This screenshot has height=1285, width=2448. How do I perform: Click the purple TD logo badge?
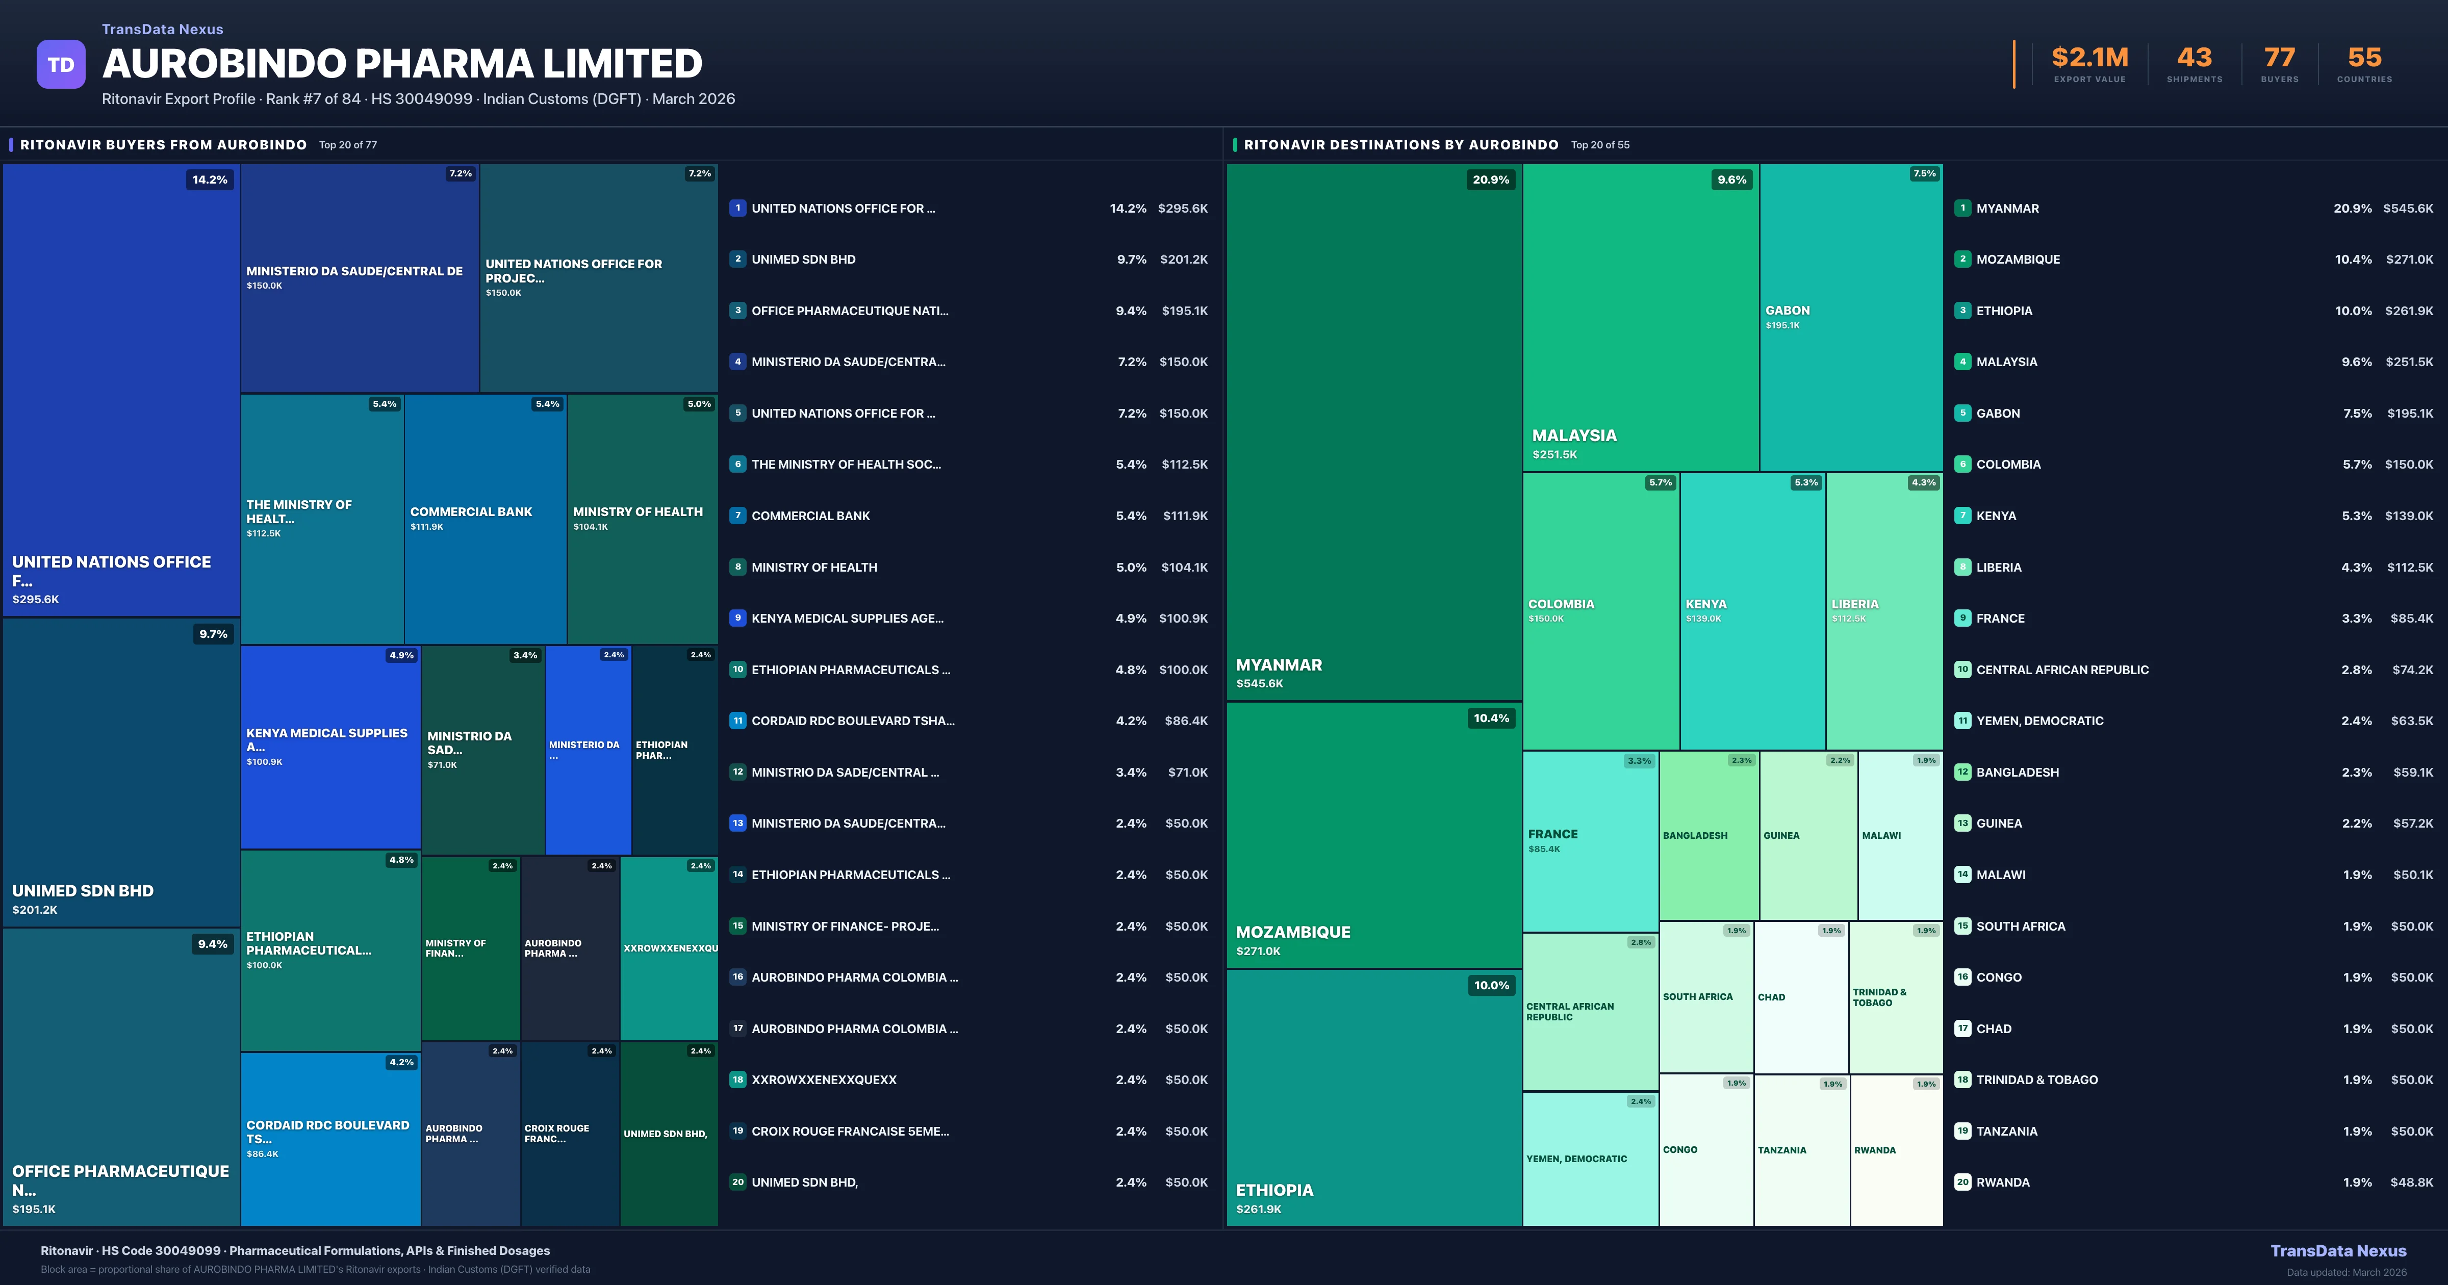point(61,65)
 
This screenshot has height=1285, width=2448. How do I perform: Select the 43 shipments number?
point(2194,58)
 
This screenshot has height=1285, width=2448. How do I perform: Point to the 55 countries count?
point(2364,58)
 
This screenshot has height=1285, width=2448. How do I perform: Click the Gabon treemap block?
point(1850,318)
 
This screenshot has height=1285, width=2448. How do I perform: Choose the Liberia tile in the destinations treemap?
point(1883,610)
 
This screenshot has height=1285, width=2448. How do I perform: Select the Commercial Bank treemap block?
point(484,518)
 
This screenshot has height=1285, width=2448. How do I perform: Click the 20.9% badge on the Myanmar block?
point(1490,179)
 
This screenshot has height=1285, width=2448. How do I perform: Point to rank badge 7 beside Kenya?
point(1962,515)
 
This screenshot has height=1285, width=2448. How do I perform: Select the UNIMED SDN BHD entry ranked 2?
point(803,260)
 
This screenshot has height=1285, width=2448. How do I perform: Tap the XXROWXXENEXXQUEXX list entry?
point(824,1080)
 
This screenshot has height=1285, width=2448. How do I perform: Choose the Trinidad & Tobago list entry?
point(2036,1080)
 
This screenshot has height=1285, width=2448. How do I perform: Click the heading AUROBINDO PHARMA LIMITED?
point(402,64)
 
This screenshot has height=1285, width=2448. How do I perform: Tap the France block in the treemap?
point(1590,840)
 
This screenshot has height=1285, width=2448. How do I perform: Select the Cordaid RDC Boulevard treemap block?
point(330,1138)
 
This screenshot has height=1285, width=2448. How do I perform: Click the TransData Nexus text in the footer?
point(2338,1251)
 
